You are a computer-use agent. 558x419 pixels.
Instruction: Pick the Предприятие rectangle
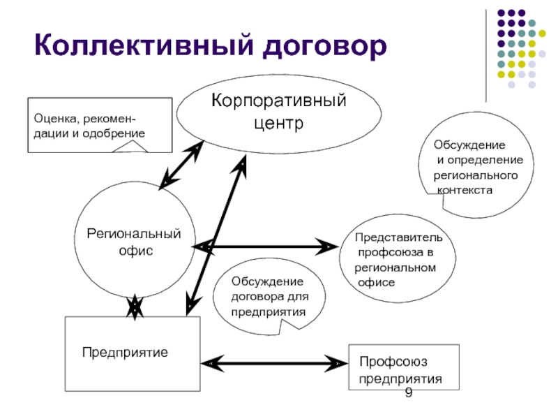[132, 352]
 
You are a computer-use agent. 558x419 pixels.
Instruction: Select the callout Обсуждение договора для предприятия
[269, 296]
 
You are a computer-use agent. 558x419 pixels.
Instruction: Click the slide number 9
[408, 395]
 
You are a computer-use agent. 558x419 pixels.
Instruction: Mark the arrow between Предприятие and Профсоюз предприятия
[273, 363]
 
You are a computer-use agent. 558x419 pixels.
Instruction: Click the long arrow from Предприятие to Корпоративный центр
[216, 234]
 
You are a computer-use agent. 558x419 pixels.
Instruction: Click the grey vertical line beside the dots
[486, 56]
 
